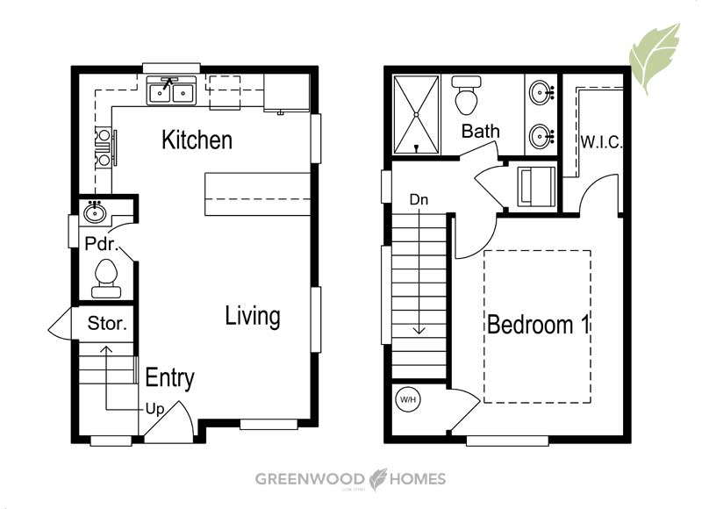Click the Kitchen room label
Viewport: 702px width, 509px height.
[197, 140]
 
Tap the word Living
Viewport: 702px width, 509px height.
[253, 316]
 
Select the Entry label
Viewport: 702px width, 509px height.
[170, 378]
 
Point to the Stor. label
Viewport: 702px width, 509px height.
[107, 323]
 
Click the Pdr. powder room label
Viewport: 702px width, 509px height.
[102, 244]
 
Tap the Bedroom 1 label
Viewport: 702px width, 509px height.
[539, 325]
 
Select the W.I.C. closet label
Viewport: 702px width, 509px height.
[601, 142]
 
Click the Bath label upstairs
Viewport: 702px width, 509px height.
[480, 131]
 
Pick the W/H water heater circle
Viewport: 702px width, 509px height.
[408, 399]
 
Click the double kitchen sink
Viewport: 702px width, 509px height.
[171, 91]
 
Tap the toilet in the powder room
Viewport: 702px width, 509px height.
[106, 278]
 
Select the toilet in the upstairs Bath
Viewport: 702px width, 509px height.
[467, 95]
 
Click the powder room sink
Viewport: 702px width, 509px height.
[95, 212]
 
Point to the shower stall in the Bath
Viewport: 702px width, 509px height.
[416, 115]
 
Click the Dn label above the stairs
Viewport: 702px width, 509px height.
[419, 200]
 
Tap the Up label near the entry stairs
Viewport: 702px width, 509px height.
[155, 409]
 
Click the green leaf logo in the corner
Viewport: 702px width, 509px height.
[654, 58]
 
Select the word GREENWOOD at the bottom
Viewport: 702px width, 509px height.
[310, 479]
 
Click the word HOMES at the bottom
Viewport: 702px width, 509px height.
[418, 479]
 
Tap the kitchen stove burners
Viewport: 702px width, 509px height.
[104, 147]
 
